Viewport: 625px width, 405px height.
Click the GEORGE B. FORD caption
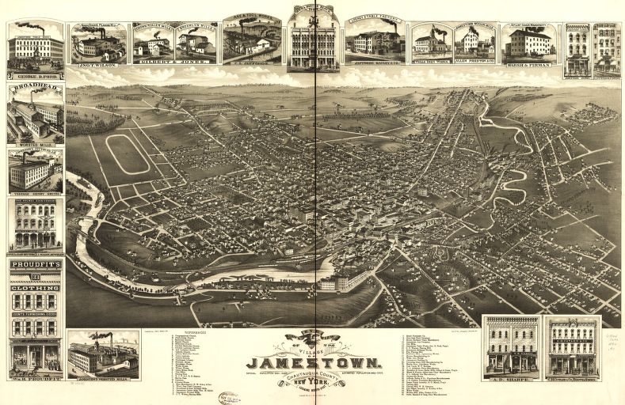click(35, 76)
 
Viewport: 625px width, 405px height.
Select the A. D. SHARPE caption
click(509, 377)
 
